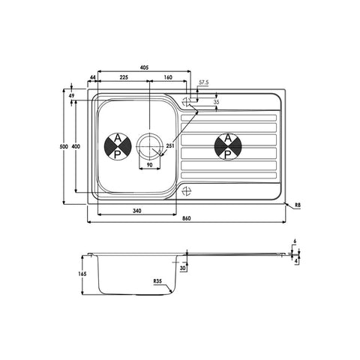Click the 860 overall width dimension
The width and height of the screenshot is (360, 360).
tap(187, 218)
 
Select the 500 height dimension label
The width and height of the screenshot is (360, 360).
tap(64, 146)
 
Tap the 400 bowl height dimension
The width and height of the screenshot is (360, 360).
tap(76, 146)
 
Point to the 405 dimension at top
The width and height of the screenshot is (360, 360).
tap(144, 67)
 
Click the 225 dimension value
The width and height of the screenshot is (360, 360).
tap(124, 77)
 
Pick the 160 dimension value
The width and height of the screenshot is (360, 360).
tap(168, 77)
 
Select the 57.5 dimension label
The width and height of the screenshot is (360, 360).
tap(204, 82)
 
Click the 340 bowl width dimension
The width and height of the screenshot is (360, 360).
tap(137, 211)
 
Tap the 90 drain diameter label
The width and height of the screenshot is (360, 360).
tap(149, 164)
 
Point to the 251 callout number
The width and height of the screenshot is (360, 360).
tap(170, 145)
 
